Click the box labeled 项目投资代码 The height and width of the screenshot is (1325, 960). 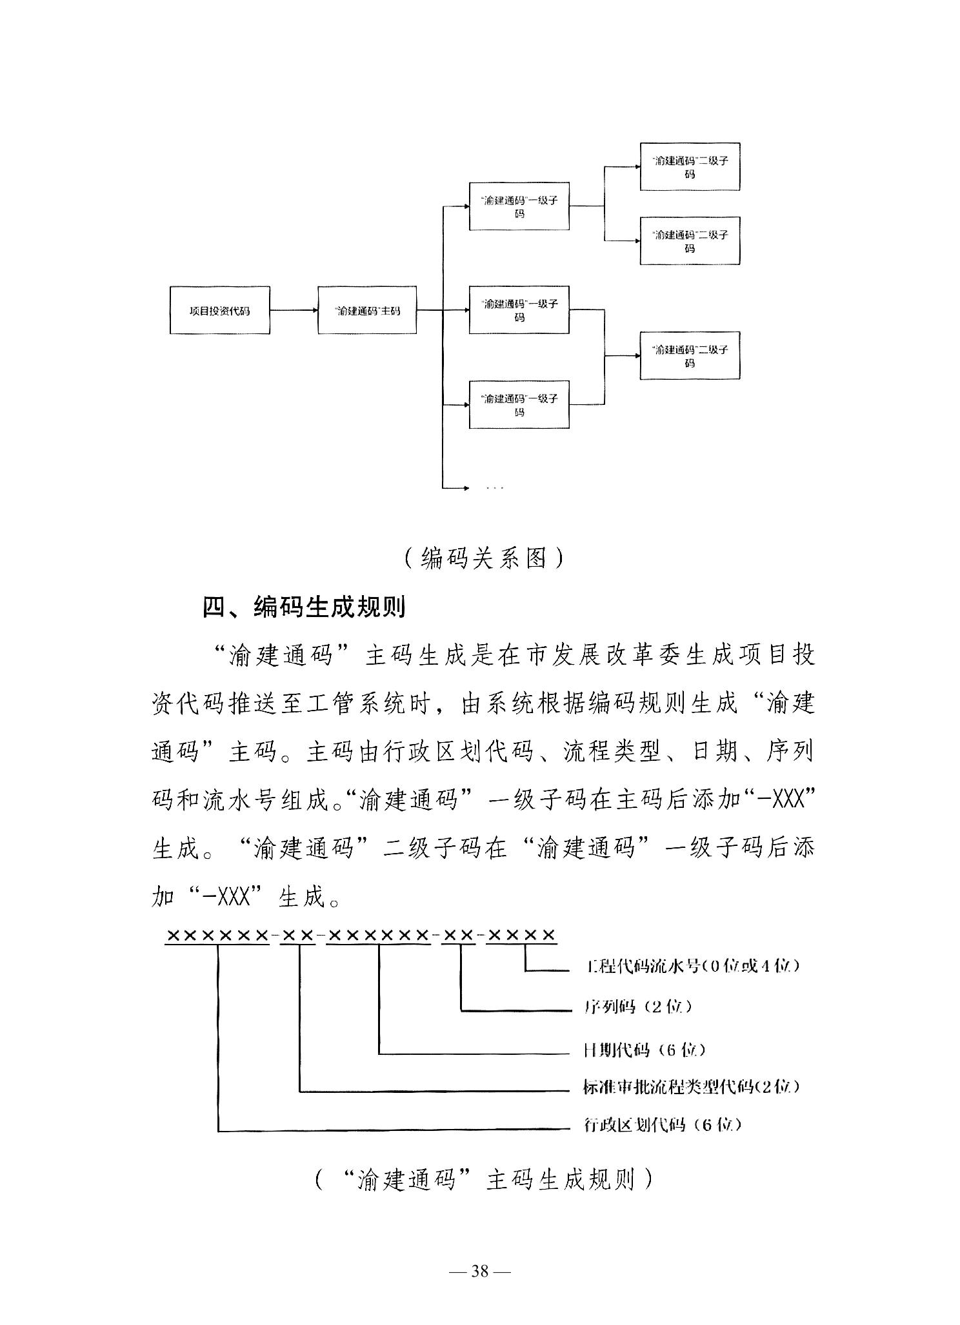click(x=219, y=310)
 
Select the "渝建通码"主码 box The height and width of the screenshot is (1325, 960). click(x=367, y=310)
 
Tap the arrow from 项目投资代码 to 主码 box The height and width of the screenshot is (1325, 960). click(x=294, y=310)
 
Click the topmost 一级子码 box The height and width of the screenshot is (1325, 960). click(x=519, y=206)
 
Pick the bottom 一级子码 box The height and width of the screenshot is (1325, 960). click(x=519, y=405)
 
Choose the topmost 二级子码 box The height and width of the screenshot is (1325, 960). click(x=690, y=167)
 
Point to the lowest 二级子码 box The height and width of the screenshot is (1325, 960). click(x=690, y=355)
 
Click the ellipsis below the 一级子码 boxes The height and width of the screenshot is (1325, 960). click(x=495, y=487)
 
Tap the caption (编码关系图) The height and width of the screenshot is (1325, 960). click(x=483, y=558)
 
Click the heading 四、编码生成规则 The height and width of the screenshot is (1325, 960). click(x=305, y=607)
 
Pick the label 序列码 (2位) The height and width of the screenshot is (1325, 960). click(x=637, y=1006)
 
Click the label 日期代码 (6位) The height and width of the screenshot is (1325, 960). click(x=644, y=1050)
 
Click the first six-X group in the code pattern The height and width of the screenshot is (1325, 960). click(x=217, y=936)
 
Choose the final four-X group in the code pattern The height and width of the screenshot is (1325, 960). click(x=521, y=936)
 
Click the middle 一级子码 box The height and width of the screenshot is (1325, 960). click(x=519, y=310)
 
